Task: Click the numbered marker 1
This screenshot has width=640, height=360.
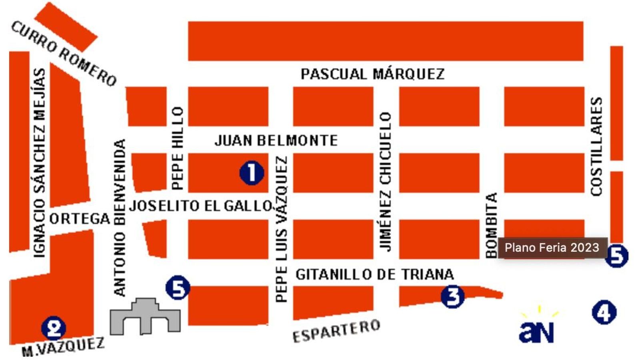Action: pos(252,173)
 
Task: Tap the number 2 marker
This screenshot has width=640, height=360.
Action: pos(54,328)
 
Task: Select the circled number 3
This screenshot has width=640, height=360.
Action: pos(453,296)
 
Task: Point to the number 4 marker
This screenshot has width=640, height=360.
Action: pos(604,312)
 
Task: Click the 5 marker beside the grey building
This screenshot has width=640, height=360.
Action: pos(178,288)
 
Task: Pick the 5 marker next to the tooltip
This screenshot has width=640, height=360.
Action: pos(616,255)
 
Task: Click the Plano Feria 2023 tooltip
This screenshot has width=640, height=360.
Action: pos(552,248)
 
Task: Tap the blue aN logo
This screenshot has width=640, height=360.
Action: pos(537,330)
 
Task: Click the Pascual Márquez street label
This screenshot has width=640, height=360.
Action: pos(372,74)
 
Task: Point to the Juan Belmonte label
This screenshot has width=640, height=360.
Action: pos(276,140)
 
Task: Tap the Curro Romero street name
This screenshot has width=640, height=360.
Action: pos(64,53)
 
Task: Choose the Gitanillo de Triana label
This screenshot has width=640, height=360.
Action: pos(375,274)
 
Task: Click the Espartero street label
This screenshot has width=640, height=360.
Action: pos(336,331)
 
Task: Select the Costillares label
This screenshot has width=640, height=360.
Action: pos(596,146)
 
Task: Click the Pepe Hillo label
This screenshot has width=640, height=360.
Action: pos(177,148)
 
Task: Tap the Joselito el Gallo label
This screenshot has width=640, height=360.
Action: pos(201,206)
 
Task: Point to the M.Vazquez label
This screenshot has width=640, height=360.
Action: pos(63,347)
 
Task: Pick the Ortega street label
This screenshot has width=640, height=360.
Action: pos(80,219)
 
